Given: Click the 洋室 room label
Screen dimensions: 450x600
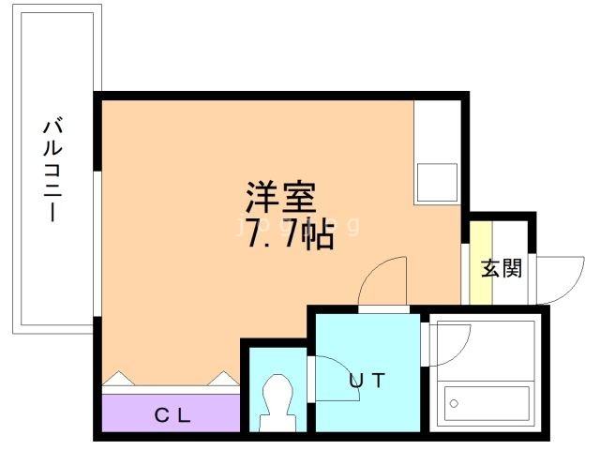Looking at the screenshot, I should pyautogui.click(x=281, y=198).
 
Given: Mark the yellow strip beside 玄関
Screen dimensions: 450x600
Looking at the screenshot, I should pyautogui.click(x=481, y=262).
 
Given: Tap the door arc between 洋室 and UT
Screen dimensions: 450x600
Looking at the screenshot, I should pyautogui.click(x=384, y=282).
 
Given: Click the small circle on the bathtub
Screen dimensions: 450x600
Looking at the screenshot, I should pyautogui.click(x=455, y=404).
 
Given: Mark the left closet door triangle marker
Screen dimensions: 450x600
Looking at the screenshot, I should pyautogui.click(x=119, y=379).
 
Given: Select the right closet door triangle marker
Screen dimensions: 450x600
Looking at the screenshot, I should pyautogui.click(x=224, y=379).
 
